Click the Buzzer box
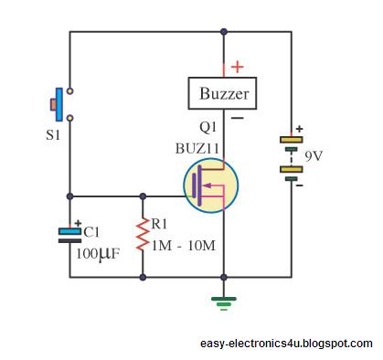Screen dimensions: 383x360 [x=222, y=93]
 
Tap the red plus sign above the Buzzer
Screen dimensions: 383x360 [x=238, y=67]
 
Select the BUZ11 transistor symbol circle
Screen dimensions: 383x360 [x=211, y=185]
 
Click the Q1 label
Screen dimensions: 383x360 [x=207, y=128]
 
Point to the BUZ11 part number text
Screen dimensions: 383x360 [x=197, y=149]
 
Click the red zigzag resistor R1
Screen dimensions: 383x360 [x=143, y=235]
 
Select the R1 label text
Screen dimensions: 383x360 [x=159, y=224]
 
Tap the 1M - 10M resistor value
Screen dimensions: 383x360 [x=184, y=246]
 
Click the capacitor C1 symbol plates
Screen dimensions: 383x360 [x=70, y=236]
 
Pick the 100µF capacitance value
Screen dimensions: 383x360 [x=98, y=254]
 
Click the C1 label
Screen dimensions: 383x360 [x=91, y=233]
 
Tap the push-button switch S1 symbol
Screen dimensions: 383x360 [x=62, y=104]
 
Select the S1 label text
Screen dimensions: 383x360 [x=53, y=135]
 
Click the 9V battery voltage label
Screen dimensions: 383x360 [x=314, y=156]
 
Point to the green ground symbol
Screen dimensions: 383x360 [x=224, y=303]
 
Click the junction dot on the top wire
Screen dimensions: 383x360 [x=224, y=31]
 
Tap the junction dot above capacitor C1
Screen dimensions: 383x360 [x=70, y=196]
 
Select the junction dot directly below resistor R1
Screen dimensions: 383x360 [x=143, y=277]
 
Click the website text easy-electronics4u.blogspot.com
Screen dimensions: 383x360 [x=286, y=344]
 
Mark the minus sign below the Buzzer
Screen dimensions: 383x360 [x=237, y=118]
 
